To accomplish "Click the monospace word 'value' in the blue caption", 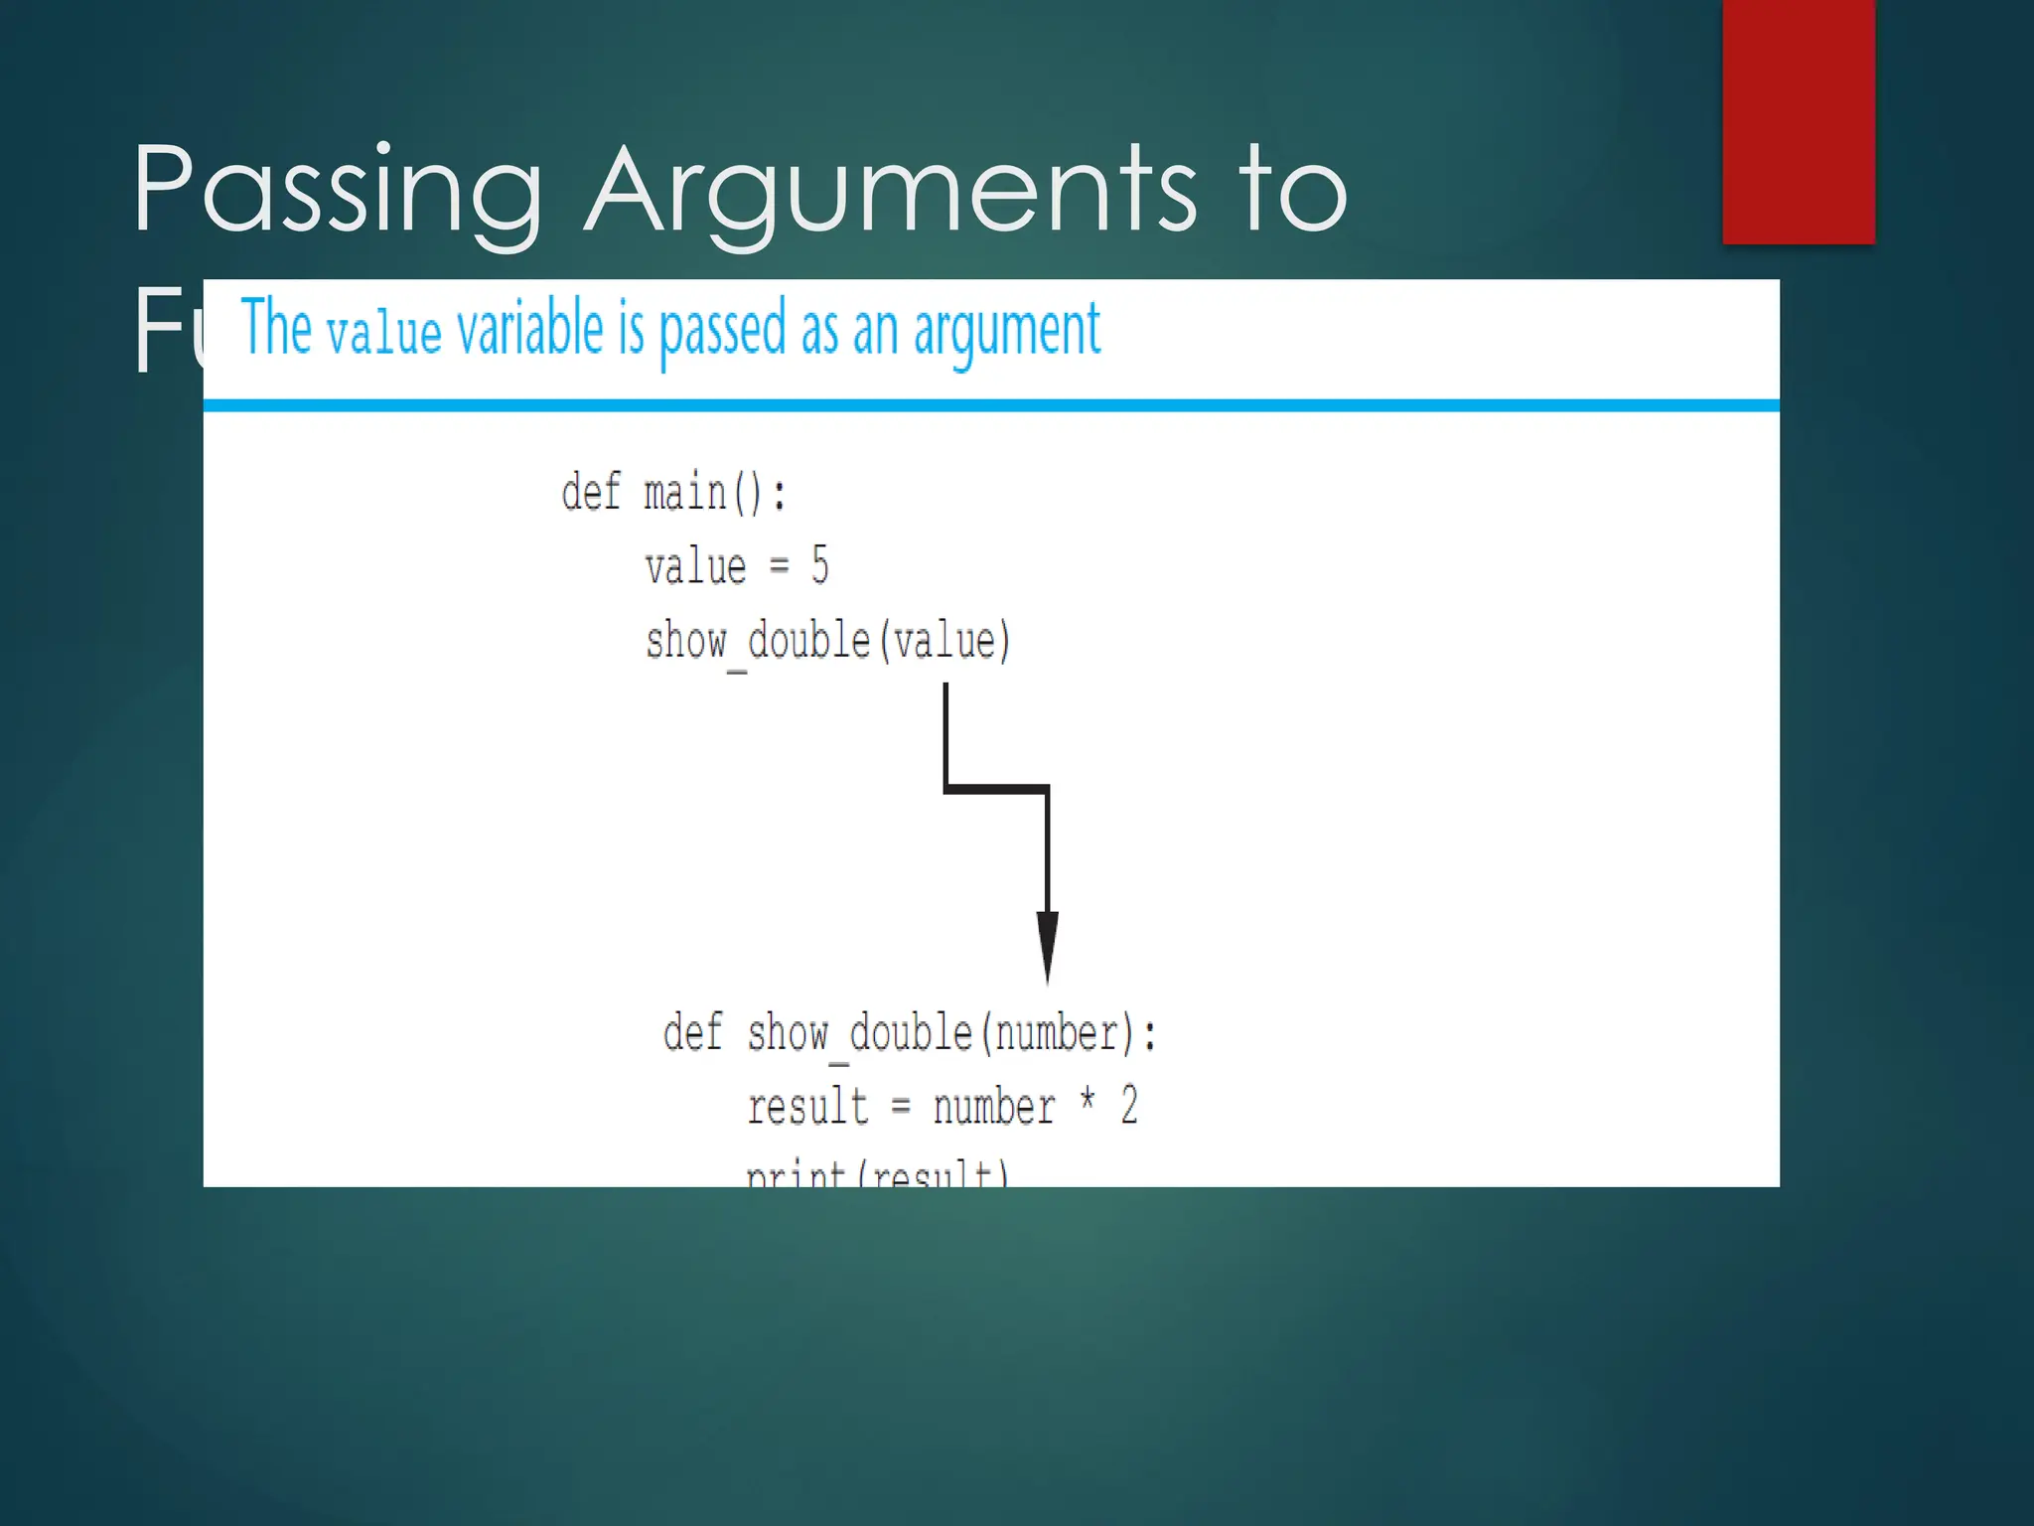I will [383, 334].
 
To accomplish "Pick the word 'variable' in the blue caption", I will [529, 329].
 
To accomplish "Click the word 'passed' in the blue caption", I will [722, 331].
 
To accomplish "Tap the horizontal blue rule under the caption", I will [990, 405].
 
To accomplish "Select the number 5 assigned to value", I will [819, 565].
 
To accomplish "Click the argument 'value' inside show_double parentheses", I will [944, 641].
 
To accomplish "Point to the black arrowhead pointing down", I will [1047, 944].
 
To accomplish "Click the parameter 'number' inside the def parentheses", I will [1057, 1034].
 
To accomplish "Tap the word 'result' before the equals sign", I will [807, 1107].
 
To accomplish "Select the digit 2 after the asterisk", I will [1129, 1106].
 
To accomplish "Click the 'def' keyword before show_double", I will [692, 1033].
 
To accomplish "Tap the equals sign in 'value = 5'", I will [779, 566].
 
